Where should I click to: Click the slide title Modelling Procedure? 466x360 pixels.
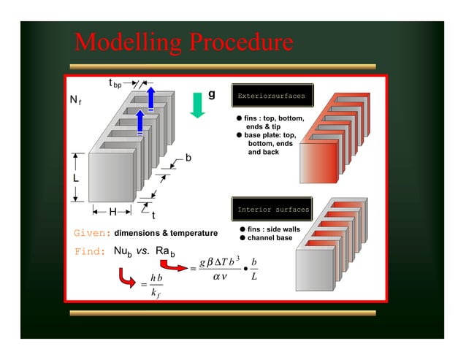coord(183,43)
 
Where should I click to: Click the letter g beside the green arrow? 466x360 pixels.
coord(212,94)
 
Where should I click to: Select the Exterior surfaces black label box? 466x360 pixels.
coord(272,96)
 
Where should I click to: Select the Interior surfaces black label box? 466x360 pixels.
coord(272,210)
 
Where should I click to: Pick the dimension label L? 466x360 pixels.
coord(75,177)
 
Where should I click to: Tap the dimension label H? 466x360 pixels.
coord(112,212)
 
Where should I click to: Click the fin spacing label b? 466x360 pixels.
coord(188,158)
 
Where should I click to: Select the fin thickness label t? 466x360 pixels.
coord(153,215)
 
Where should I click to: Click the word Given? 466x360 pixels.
coord(92,233)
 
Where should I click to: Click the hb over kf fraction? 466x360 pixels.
coord(153,285)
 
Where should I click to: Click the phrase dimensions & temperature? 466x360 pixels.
coord(166,233)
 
